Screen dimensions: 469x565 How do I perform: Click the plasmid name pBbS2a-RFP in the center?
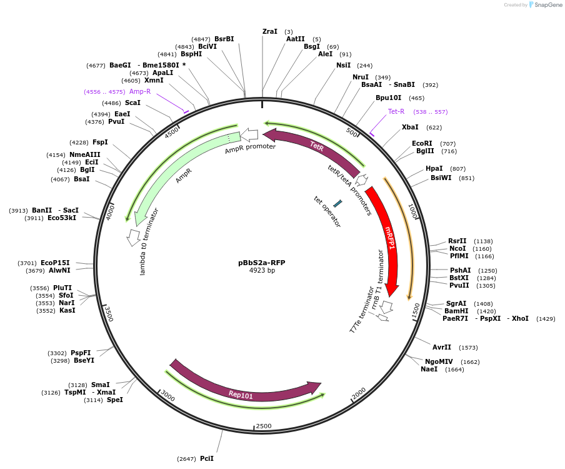pos(262,263)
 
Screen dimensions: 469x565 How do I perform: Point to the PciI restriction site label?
pos(206,458)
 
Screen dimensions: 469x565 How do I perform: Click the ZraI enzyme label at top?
pos(270,31)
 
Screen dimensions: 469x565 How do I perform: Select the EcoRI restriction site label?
pos(422,143)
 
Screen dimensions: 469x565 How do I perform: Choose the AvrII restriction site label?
pos(442,347)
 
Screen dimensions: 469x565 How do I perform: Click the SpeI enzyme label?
pos(115,400)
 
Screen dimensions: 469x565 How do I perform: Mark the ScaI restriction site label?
pos(132,103)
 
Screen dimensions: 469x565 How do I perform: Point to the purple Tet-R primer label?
pos(396,111)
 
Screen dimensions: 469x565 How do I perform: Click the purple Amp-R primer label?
pos(140,91)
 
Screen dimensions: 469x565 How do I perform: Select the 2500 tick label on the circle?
pos(264,426)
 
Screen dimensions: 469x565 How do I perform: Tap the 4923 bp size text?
pos(262,271)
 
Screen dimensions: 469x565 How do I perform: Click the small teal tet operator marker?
pos(337,203)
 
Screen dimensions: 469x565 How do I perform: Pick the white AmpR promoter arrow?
pos(249,134)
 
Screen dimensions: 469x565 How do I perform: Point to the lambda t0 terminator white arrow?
pos(133,236)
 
